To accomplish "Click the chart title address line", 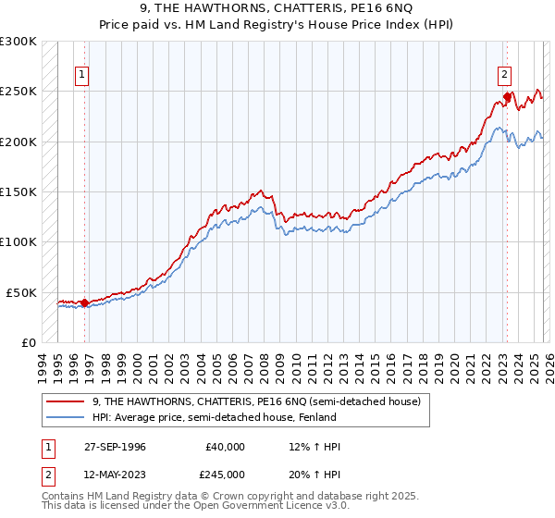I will pyautogui.click(x=277, y=9).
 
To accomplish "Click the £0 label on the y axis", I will pyautogui.click(x=29, y=342).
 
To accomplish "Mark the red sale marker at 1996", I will pyautogui.click(x=85, y=302).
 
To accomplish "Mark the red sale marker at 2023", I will pyautogui.click(x=507, y=96).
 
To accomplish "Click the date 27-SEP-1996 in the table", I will pyautogui.click(x=116, y=447).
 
